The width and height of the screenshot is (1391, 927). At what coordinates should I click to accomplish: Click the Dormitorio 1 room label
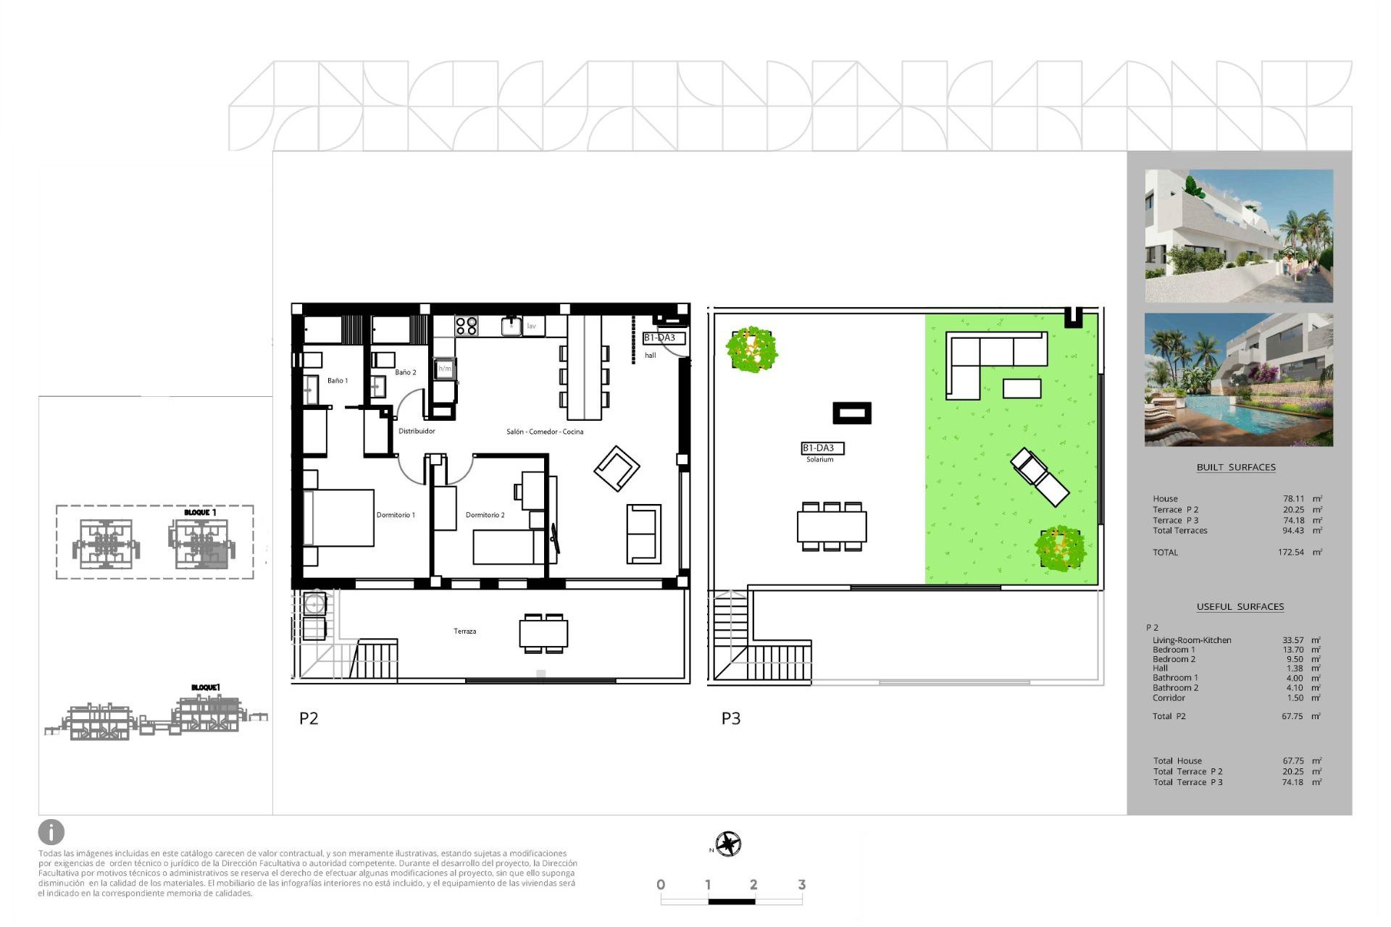point(396,515)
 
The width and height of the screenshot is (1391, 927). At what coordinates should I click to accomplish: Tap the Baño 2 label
point(405,372)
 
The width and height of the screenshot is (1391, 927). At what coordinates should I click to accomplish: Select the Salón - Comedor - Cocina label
point(545,432)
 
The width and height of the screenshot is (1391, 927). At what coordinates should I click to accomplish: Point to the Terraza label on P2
point(465,632)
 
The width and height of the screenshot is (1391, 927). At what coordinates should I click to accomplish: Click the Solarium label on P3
point(820,460)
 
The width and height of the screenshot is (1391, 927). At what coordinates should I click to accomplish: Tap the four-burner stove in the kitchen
point(467,326)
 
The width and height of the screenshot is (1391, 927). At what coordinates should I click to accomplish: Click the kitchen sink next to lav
point(511,327)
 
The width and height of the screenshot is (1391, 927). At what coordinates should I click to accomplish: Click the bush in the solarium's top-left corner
point(752,349)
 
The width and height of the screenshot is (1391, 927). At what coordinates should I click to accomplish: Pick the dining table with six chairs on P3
point(832,527)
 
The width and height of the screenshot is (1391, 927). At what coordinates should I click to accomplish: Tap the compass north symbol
point(728,844)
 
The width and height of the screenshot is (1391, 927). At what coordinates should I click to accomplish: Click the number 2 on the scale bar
point(753,884)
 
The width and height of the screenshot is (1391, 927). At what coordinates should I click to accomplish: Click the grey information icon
point(51,832)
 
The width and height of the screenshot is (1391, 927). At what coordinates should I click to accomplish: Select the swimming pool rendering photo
point(1238,379)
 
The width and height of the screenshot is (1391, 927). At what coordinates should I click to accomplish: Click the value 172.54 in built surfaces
point(1290,553)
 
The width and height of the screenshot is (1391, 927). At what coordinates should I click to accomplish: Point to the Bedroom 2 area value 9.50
point(1294,659)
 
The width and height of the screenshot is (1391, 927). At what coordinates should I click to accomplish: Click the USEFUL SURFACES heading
point(1240,607)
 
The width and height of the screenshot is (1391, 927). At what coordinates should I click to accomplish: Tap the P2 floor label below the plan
point(309,718)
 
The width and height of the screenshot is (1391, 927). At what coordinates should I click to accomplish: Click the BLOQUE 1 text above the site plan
point(200,513)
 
